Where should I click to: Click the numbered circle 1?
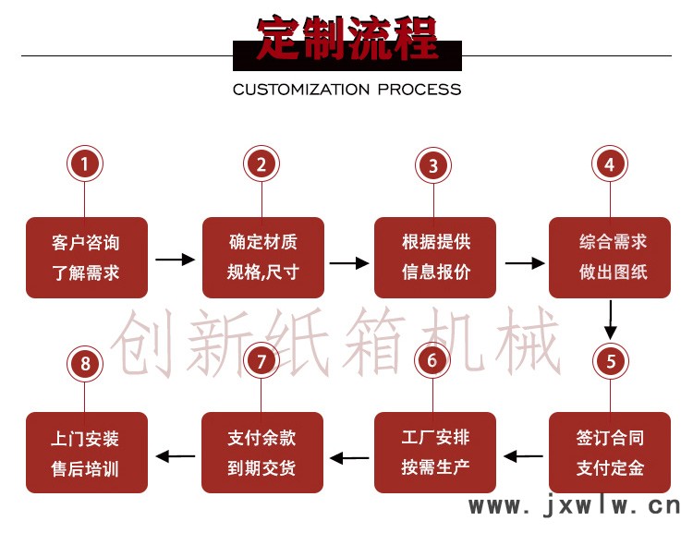click(x=85, y=164)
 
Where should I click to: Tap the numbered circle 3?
click(x=433, y=165)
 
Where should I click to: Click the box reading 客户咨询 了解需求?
click(x=87, y=258)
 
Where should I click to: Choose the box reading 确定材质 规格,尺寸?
click(x=263, y=258)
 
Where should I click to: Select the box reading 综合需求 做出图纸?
click(x=611, y=258)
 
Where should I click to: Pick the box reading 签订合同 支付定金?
click(x=610, y=453)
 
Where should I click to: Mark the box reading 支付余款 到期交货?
click(x=263, y=453)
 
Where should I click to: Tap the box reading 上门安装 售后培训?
click(x=87, y=453)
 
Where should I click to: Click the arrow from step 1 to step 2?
click(x=175, y=260)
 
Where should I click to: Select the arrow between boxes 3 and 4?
click(x=524, y=262)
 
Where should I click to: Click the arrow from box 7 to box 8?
click(x=175, y=454)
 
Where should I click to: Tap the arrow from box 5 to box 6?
click(x=523, y=454)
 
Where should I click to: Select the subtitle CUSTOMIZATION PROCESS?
click(x=346, y=90)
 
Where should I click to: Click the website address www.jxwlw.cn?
click(x=574, y=505)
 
